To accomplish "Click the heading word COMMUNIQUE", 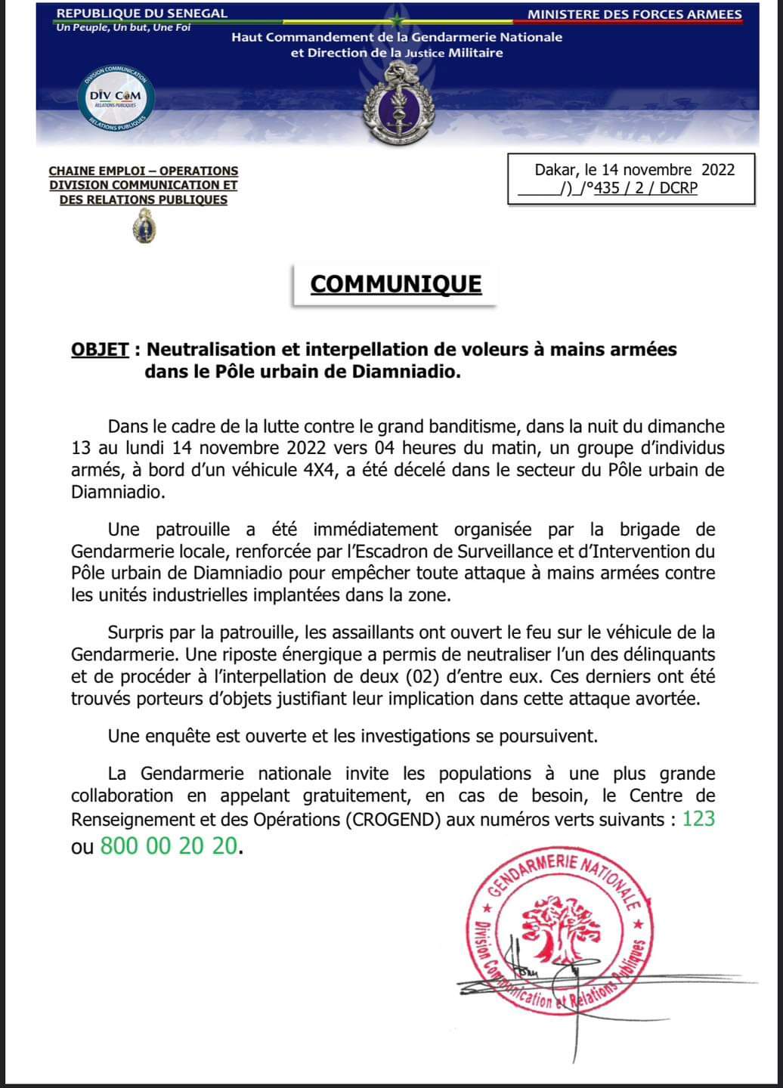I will (395, 284).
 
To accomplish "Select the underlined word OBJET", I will (100, 349).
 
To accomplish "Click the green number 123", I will (698, 818).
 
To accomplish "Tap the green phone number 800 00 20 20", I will (169, 845).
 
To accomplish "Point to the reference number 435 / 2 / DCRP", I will (645, 188).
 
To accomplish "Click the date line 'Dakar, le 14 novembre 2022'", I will (634, 169).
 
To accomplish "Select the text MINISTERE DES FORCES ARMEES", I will (634, 14).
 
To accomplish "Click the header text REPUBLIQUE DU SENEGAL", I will (142, 14).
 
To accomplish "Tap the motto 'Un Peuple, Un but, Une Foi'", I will (123, 28).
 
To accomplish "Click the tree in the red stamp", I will (562, 929).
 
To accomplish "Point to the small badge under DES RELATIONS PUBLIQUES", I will (144, 226).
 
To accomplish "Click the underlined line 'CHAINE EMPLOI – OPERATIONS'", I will (144, 172).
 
